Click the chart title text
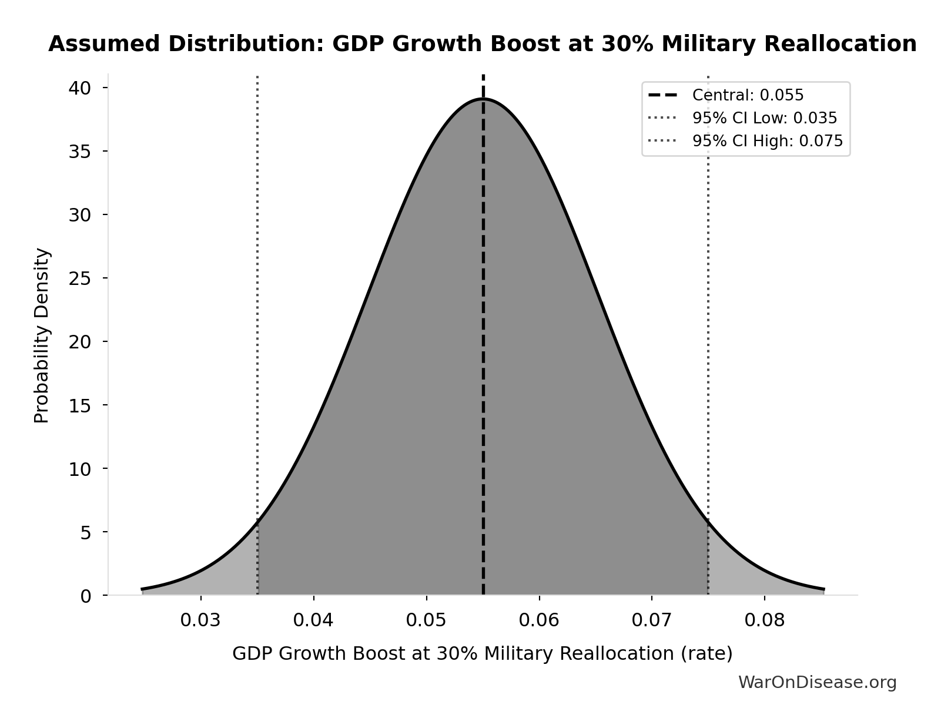[x=482, y=44]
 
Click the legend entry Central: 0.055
[x=748, y=95]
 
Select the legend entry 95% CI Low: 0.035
[x=764, y=118]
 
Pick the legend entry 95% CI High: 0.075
[x=767, y=141]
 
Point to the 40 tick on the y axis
[x=79, y=88]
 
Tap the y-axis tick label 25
[x=79, y=278]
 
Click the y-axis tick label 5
[x=86, y=533]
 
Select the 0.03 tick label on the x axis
[x=200, y=620]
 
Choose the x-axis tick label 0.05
[x=426, y=620]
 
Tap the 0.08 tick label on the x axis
[x=764, y=620]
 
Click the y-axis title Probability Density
[x=42, y=335]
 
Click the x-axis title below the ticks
[x=482, y=653]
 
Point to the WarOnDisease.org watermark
[x=817, y=682]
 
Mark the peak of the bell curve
[x=483, y=99]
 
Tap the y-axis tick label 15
[x=79, y=405]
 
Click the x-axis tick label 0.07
[x=651, y=620]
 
